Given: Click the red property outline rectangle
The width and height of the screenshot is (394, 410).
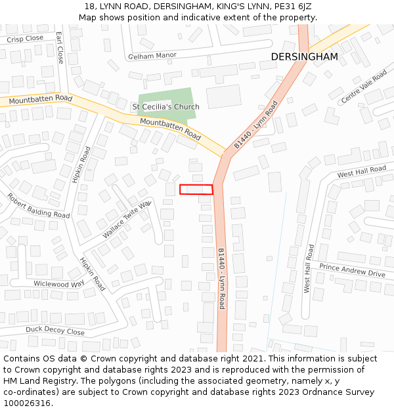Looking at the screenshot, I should (196, 190).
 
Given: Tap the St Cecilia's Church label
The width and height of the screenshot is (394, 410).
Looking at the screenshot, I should (165, 107).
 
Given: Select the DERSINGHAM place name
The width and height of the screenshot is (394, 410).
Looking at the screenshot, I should (304, 57).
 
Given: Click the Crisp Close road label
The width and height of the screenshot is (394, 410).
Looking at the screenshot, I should (25, 39).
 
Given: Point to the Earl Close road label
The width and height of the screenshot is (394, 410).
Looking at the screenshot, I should (60, 48).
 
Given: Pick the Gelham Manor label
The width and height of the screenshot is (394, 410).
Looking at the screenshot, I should (152, 56).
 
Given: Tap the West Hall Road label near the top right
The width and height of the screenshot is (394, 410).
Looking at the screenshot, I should (361, 172).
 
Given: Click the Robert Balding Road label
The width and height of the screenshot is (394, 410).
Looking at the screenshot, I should (38, 205).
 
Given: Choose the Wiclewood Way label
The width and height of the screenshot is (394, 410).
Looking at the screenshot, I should (59, 284).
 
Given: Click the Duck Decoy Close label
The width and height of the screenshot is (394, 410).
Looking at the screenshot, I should (55, 331).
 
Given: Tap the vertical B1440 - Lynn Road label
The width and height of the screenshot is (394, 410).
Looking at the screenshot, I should (221, 278).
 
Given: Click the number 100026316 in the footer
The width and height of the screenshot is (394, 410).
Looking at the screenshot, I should (27, 403).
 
